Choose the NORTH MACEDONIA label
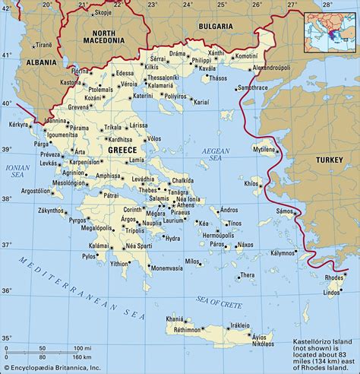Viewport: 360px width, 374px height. [106, 37]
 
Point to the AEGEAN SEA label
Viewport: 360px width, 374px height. [215, 155]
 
